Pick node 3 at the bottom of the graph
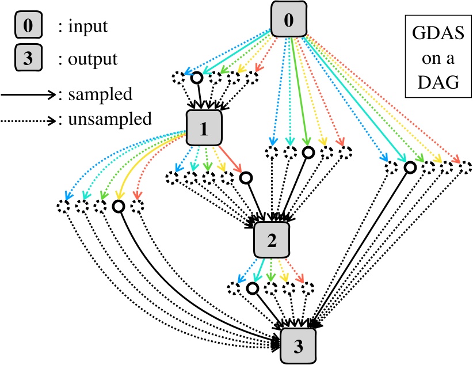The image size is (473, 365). click(x=298, y=346)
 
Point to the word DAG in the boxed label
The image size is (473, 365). click(x=433, y=82)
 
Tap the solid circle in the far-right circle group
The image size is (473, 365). click(x=410, y=168)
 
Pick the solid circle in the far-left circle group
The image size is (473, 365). click(x=119, y=206)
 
